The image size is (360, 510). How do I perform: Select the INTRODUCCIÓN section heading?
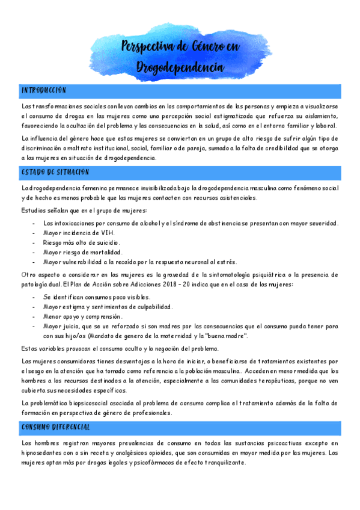tap(44, 90)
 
